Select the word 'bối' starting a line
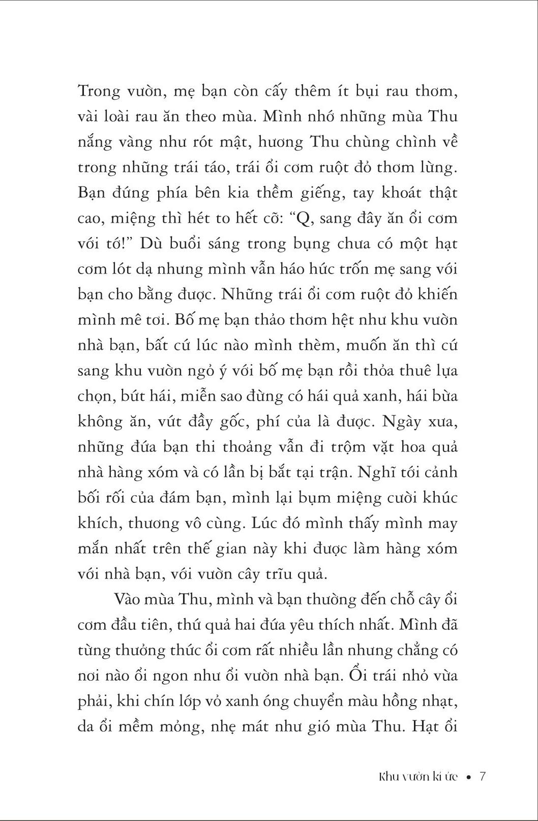(x=89, y=498)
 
